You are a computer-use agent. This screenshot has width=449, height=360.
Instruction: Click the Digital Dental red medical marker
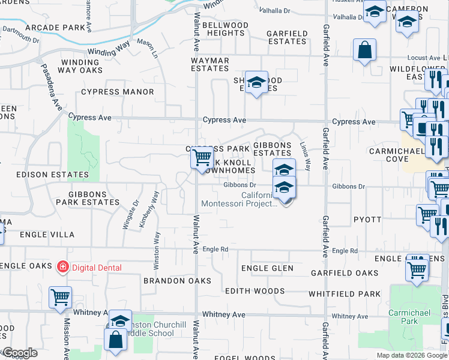[x=61, y=267]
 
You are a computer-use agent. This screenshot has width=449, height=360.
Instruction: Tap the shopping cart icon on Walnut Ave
[x=202, y=158]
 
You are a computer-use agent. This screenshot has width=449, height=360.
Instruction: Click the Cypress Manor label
[x=118, y=92]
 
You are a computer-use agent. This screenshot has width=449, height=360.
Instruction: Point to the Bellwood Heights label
[x=225, y=29]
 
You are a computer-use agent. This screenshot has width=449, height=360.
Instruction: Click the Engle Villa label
[x=47, y=235]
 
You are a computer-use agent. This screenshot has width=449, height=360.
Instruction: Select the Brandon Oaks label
[x=178, y=281]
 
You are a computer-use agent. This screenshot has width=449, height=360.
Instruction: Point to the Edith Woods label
[x=255, y=291]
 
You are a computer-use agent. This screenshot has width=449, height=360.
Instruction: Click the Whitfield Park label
[x=345, y=294]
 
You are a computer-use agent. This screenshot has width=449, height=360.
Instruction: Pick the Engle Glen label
[x=267, y=268]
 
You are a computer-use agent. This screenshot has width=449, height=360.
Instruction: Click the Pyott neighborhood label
[x=367, y=220]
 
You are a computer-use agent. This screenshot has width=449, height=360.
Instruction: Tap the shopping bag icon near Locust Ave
[x=365, y=51]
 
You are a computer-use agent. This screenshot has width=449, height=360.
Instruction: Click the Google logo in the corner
[x=20, y=353]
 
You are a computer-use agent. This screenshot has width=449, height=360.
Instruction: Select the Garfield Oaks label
[x=345, y=273]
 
